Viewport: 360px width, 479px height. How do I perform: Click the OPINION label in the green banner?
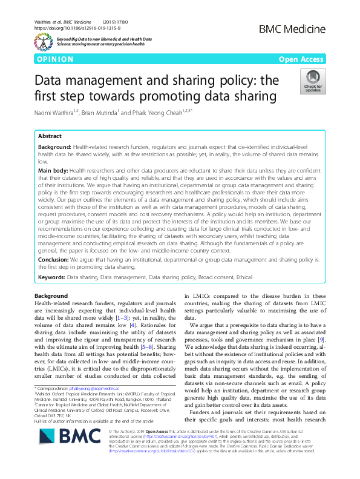pos(55,59)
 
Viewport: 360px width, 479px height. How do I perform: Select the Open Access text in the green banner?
pos(303,59)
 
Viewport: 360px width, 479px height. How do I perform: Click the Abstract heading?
pos(50,136)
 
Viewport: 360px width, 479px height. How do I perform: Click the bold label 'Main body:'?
pos(54,171)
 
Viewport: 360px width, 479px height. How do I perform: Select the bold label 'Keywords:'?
pos(51,276)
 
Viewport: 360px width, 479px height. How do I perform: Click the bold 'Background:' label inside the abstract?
pos(54,147)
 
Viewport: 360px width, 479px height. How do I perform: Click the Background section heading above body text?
pos(51,295)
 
